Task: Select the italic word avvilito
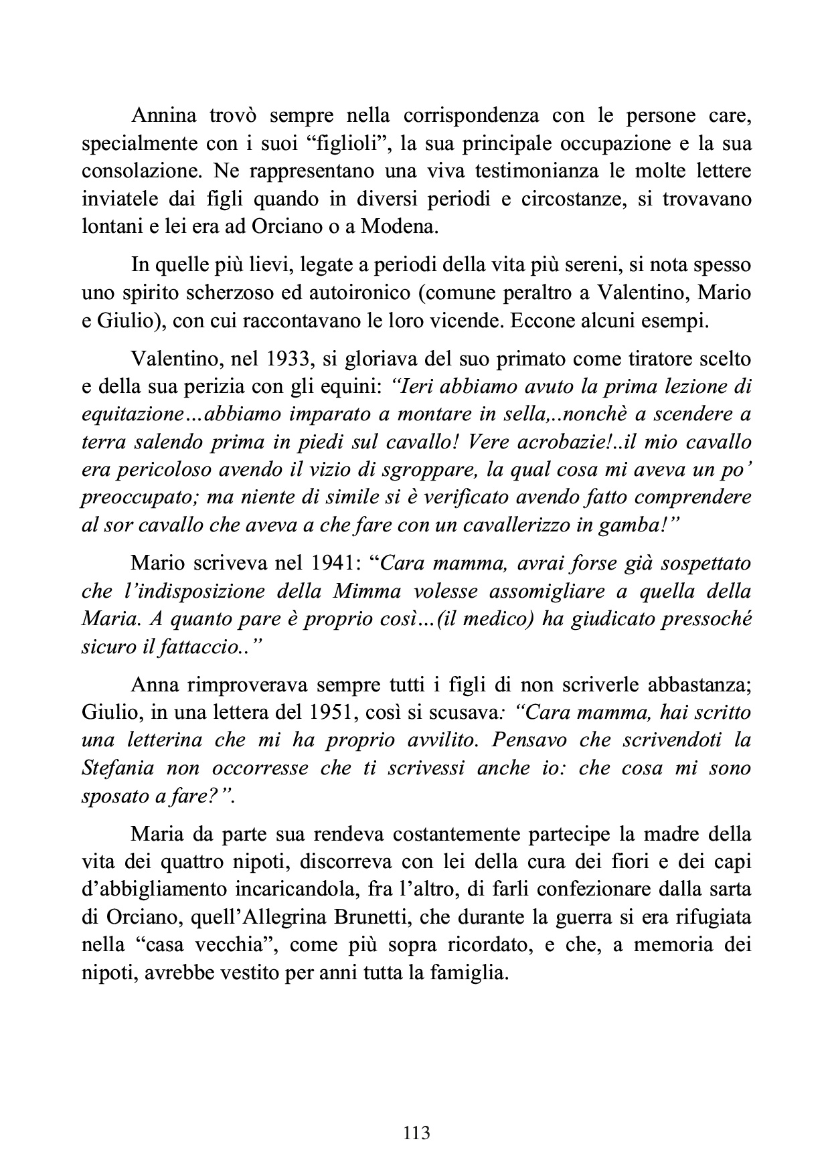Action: click(x=438, y=740)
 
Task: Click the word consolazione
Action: click(x=140, y=171)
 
